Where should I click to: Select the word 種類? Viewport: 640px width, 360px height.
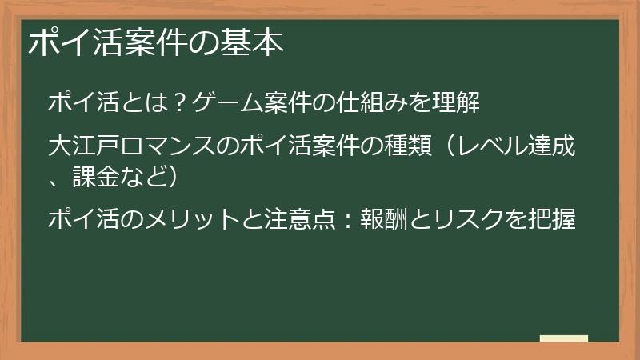[x=415, y=148]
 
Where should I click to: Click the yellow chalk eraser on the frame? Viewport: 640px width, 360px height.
[x=563, y=339]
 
